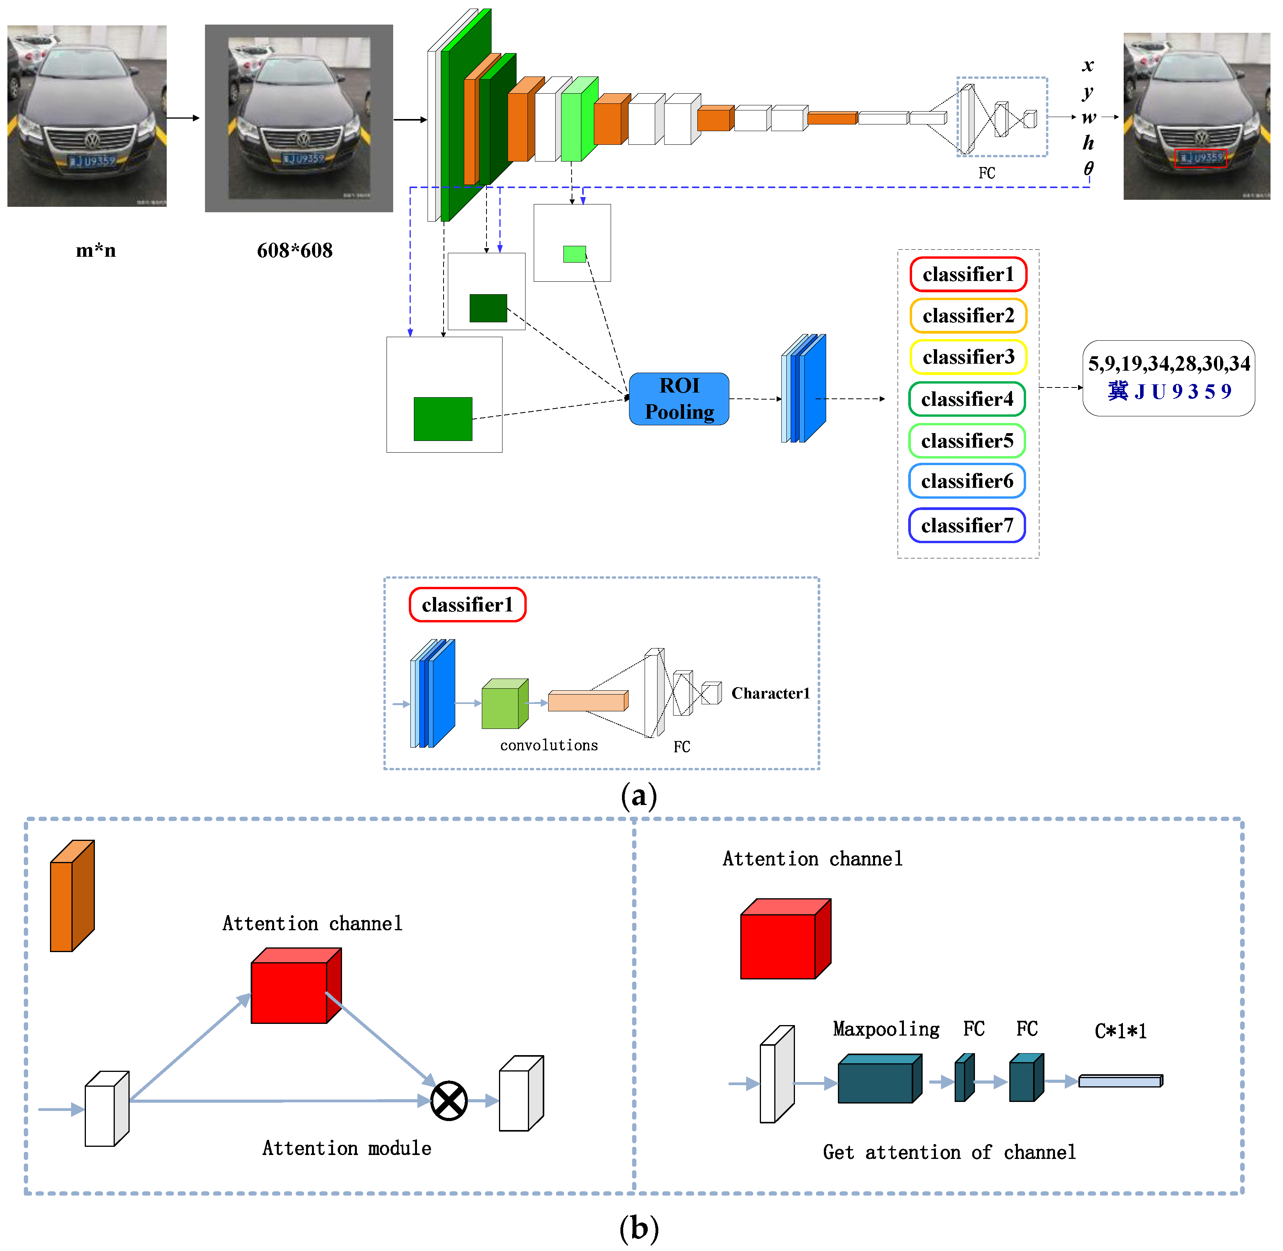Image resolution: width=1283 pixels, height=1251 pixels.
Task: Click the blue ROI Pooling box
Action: click(679, 399)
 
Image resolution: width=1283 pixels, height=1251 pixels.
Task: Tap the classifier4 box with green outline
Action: click(966, 399)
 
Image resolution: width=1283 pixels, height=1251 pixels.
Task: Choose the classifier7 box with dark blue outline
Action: click(966, 526)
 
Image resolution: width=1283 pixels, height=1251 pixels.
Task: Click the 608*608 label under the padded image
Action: click(294, 251)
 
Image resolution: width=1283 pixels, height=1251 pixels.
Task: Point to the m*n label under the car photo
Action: click(96, 251)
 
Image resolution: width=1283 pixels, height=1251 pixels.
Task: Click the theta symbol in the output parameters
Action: click(1089, 169)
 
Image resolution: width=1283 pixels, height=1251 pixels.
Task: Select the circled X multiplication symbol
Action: click(449, 1100)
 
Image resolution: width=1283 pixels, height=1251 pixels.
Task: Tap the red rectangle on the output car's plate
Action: click(1200, 158)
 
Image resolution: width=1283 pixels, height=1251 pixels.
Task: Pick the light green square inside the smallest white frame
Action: click(574, 254)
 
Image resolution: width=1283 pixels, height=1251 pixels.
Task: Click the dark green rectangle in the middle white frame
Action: click(488, 308)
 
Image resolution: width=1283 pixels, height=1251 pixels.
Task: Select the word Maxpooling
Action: click(886, 1029)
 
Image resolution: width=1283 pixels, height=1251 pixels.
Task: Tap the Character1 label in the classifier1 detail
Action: click(770, 693)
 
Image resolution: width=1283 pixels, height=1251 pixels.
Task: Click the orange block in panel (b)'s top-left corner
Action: click(71, 897)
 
